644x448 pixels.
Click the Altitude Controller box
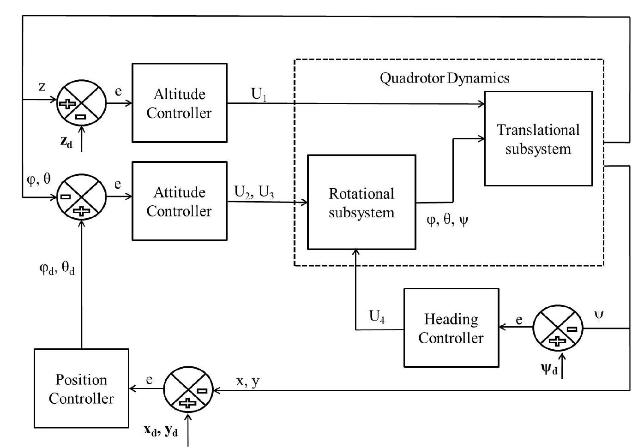coord(179,103)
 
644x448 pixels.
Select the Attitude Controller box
coord(179,201)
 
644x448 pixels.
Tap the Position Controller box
coord(81,388)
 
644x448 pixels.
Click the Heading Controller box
coord(451,328)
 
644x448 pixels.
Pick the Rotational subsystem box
coord(361,203)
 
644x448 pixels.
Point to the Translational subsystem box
coord(538,139)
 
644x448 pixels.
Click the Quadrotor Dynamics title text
coord(444,78)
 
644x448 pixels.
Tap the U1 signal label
coord(259,95)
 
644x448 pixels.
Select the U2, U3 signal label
coord(254,192)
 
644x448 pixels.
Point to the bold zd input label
coord(66,142)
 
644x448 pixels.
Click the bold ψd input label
coord(549,369)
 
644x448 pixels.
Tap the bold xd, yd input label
coord(161,431)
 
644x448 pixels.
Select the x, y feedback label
coord(248,381)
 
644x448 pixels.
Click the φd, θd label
coord(57,268)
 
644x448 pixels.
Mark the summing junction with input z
coord(81,104)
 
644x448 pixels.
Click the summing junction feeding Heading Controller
coord(558,329)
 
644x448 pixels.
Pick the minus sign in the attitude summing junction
coord(66,197)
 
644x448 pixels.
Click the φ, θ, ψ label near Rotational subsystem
coord(447,220)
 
